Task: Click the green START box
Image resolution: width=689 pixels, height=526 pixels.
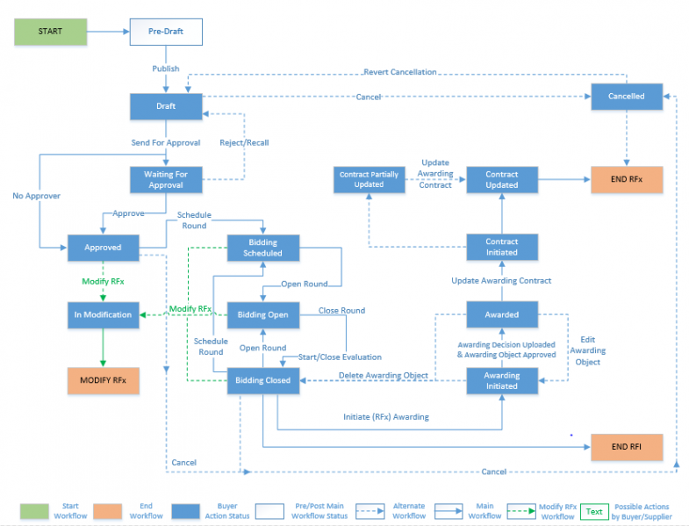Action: [x=50, y=32]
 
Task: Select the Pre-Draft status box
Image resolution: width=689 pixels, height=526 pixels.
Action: [x=166, y=32]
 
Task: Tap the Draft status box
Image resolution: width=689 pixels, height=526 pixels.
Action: [x=166, y=106]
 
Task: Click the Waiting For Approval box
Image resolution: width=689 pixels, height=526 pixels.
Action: [x=166, y=180]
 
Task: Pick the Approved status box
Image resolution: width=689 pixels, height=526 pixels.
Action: [x=104, y=248]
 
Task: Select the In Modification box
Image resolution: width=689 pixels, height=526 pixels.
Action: [x=104, y=314]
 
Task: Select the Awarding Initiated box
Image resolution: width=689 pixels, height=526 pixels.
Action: [x=502, y=379]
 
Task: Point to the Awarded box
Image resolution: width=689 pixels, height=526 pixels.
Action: [x=502, y=314]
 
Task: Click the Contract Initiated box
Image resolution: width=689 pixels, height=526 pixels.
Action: [x=502, y=247]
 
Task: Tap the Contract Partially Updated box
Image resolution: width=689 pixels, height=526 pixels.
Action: [x=369, y=180]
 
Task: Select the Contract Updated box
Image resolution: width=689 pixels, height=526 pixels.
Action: [x=502, y=180]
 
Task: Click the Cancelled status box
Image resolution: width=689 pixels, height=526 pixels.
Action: [x=626, y=97]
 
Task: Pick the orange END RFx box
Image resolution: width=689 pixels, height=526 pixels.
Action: [x=626, y=180]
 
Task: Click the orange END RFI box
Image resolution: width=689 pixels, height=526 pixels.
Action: [x=626, y=447]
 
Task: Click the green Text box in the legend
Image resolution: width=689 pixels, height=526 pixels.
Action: [x=594, y=511]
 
